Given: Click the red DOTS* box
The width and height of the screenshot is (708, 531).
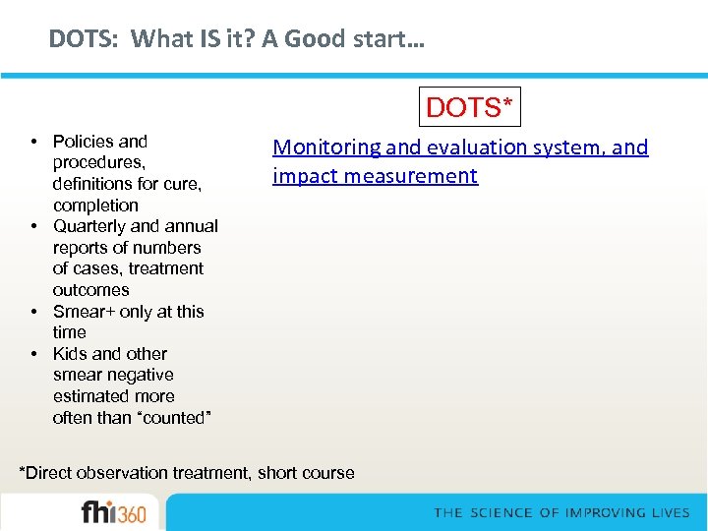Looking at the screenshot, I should click(470, 107).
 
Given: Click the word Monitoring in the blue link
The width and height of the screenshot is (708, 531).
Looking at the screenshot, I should click(326, 147).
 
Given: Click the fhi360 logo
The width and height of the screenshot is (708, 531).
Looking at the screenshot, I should click(113, 513).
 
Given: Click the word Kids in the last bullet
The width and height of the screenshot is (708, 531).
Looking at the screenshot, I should click(71, 354).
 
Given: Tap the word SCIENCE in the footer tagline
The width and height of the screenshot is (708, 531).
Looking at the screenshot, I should click(501, 513).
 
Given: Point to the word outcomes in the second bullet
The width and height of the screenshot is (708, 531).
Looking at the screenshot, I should click(91, 290).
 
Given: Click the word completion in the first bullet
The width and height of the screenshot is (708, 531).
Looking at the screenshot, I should click(95, 206).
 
